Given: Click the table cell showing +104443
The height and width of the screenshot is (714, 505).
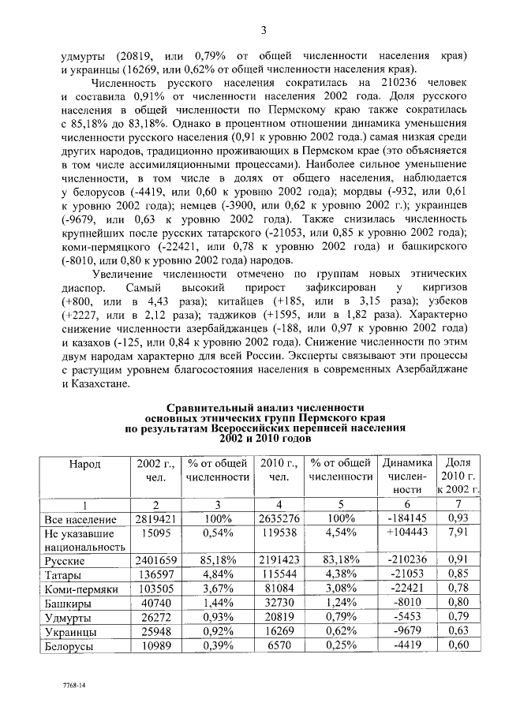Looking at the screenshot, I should (408, 533).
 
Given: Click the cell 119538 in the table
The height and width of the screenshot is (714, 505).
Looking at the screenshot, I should (278, 533).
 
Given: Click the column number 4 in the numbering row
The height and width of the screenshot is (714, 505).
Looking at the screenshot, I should (278, 505).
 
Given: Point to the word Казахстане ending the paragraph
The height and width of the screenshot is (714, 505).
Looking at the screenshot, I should (100, 384).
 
